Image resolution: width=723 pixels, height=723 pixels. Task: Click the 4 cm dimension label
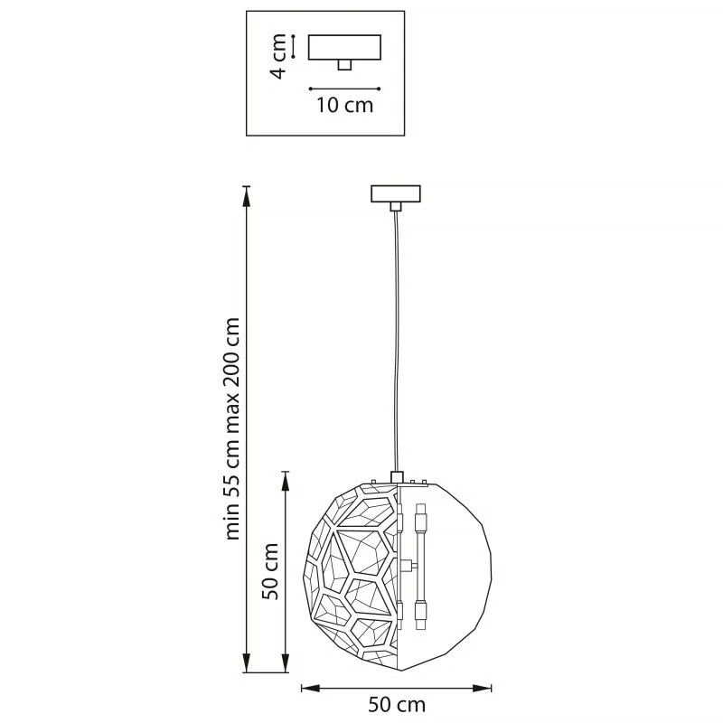[x=278, y=56]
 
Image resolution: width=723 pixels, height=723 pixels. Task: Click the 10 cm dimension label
[x=344, y=105]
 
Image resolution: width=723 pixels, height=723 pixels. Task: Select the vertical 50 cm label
[x=270, y=571]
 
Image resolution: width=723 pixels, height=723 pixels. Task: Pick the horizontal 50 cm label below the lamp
[x=397, y=705]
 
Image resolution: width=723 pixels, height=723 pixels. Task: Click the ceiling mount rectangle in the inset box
[x=344, y=47]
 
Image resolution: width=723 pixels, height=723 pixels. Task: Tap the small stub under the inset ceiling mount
[x=344, y=65]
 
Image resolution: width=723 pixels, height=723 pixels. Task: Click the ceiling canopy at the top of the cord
[x=396, y=193]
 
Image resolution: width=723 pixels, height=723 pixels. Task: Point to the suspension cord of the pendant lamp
[x=396, y=342]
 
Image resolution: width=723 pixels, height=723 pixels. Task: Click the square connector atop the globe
[x=397, y=477]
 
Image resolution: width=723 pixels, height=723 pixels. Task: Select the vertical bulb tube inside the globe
[x=420, y=566]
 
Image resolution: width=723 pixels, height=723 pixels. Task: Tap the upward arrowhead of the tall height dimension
[x=247, y=197]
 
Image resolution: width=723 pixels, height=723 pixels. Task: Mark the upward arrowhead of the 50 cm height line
[x=286, y=483]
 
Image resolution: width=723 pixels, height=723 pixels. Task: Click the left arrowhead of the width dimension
[x=311, y=689]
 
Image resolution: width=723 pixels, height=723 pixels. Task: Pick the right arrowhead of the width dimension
[x=482, y=689]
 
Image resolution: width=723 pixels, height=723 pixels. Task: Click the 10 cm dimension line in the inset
[x=344, y=89]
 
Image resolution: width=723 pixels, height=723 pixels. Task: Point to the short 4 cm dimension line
[x=293, y=47]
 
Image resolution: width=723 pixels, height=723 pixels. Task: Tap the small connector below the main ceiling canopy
[x=396, y=207]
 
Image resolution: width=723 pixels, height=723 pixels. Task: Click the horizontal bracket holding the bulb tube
[x=409, y=564]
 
